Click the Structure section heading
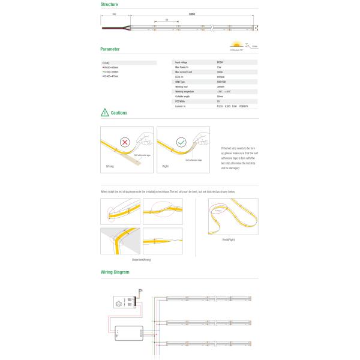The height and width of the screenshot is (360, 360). [x=109, y=4]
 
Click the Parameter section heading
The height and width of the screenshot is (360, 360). [x=110, y=49]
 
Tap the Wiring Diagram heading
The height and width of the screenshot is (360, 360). [x=115, y=272]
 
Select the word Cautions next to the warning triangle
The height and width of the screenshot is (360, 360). [x=119, y=112]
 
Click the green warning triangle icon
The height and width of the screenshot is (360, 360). [x=105, y=112]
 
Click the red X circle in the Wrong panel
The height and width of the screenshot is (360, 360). [x=126, y=143]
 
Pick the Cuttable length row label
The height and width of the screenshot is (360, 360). [x=183, y=96]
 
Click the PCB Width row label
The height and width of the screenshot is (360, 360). [x=181, y=101]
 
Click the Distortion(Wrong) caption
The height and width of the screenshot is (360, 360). [x=142, y=260]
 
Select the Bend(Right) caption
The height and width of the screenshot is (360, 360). [x=229, y=239]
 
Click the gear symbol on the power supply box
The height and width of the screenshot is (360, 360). [x=119, y=304]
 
